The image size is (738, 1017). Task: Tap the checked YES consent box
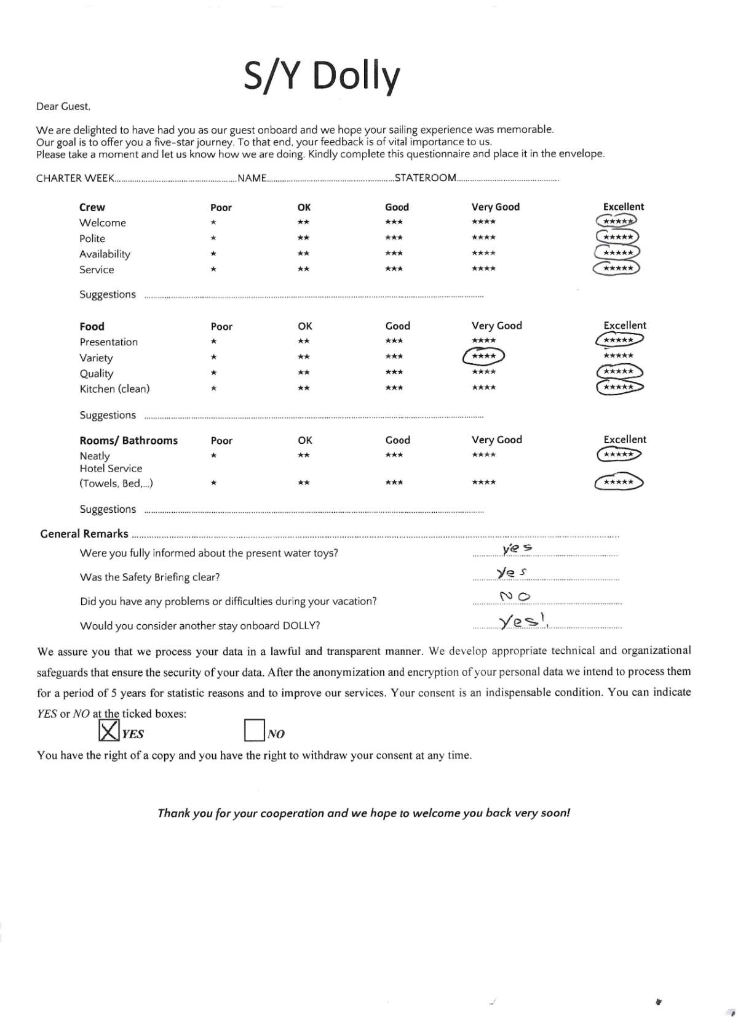pyautogui.click(x=109, y=731)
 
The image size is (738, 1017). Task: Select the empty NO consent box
pyautogui.click(x=254, y=731)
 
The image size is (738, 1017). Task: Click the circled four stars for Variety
pyautogui.click(x=484, y=356)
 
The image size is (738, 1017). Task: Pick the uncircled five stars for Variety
pyautogui.click(x=618, y=356)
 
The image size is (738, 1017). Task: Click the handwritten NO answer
pyautogui.click(x=515, y=596)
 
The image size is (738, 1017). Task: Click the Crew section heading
pyautogui.click(x=92, y=207)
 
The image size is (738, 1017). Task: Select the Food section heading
pyautogui.click(x=92, y=326)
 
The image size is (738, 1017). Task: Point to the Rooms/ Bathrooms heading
pyautogui.click(x=129, y=441)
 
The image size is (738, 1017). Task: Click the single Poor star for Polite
pyautogui.click(x=213, y=238)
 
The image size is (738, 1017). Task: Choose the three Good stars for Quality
pyautogui.click(x=394, y=372)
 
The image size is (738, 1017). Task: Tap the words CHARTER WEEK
pyautogui.click(x=75, y=179)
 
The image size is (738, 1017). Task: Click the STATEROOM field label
pyautogui.click(x=426, y=178)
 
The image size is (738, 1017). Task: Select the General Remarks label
pyautogui.click(x=84, y=534)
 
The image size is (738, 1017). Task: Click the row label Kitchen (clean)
pyautogui.click(x=115, y=389)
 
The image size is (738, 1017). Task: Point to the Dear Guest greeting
pyautogui.click(x=63, y=107)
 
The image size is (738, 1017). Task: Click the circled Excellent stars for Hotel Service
pyautogui.click(x=619, y=482)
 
